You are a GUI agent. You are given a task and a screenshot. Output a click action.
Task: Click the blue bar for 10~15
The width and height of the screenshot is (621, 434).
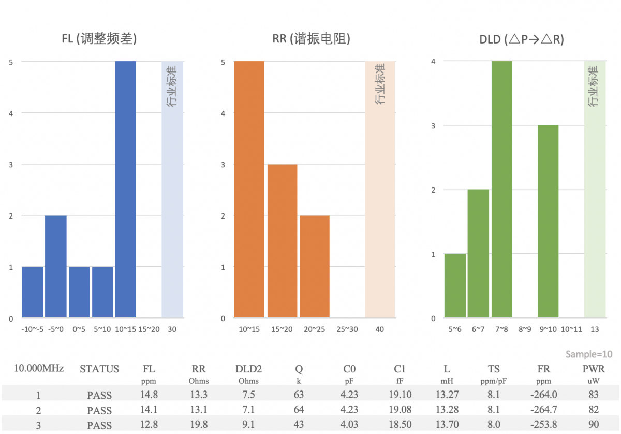(x=126, y=189)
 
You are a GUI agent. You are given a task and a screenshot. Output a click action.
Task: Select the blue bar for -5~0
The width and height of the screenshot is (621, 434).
(x=56, y=266)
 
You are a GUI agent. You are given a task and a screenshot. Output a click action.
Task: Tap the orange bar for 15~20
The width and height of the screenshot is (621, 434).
(x=282, y=241)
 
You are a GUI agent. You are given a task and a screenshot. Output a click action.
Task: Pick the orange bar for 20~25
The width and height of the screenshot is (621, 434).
(x=314, y=266)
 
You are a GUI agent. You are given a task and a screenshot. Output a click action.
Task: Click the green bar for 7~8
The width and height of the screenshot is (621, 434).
(x=502, y=189)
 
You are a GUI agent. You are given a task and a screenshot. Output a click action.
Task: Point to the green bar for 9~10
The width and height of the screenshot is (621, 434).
(x=548, y=221)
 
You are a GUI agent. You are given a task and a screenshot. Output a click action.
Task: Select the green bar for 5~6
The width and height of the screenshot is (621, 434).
(x=455, y=285)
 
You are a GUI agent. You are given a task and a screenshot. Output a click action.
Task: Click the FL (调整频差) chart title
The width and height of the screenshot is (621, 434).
(x=99, y=39)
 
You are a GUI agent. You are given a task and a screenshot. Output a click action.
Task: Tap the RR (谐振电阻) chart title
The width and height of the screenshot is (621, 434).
(x=311, y=39)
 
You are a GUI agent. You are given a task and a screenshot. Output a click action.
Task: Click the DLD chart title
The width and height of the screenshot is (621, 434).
(x=521, y=39)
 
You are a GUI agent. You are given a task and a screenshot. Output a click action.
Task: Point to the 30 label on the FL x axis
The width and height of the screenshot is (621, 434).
(x=172, y=329)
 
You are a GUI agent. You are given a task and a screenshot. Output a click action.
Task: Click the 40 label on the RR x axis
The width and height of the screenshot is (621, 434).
(x=380, y=329)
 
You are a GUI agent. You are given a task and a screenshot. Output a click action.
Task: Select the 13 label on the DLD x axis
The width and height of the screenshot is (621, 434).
(x=595, y=329)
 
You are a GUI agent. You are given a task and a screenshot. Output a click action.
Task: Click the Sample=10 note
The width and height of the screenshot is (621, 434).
(x=589, y=354)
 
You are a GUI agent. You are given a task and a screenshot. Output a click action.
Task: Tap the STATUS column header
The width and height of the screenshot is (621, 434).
(x=99, y=369)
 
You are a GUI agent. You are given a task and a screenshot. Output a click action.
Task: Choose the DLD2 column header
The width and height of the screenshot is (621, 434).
(x=248, y=369)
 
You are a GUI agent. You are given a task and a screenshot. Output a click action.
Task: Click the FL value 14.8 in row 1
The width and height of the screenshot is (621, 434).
(x=149, y=395)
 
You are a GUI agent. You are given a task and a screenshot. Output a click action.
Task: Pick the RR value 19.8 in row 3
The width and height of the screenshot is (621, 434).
(x=199, y=425)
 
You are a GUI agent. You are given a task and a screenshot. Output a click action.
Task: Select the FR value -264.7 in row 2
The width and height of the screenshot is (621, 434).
(x=543, y=410)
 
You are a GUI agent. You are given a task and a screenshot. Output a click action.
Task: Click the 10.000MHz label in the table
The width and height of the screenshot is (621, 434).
(x=39, y=369)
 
